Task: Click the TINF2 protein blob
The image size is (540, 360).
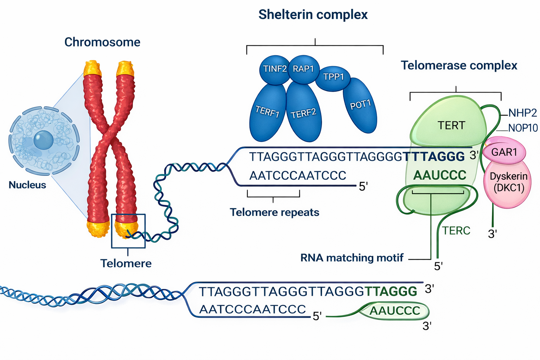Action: click(275, 69)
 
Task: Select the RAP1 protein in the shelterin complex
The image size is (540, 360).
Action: click(303, 69)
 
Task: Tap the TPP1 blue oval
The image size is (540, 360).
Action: click(333, 77)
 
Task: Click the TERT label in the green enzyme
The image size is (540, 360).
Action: click(451, 126)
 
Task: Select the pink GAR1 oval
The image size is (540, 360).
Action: click(504, 152)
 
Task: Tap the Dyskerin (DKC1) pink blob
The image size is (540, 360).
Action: click(508, 182)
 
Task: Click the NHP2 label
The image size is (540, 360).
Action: click(523, 113)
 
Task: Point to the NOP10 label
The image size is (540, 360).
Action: click(523, 128)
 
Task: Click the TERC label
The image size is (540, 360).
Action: click(456, 231)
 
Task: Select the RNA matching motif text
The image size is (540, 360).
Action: click(352, 258)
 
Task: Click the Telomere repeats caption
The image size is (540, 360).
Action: click(275, 212)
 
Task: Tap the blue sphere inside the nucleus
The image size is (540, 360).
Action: click(44, 140)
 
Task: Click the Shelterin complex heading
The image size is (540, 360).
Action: click(313, 15)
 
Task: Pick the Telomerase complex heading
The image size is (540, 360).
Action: click(459, 65)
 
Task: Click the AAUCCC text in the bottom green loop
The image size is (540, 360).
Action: click(395, 311)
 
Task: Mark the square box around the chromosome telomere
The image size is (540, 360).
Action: click(128, 231)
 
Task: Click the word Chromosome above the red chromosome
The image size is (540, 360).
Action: click(102, 42)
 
